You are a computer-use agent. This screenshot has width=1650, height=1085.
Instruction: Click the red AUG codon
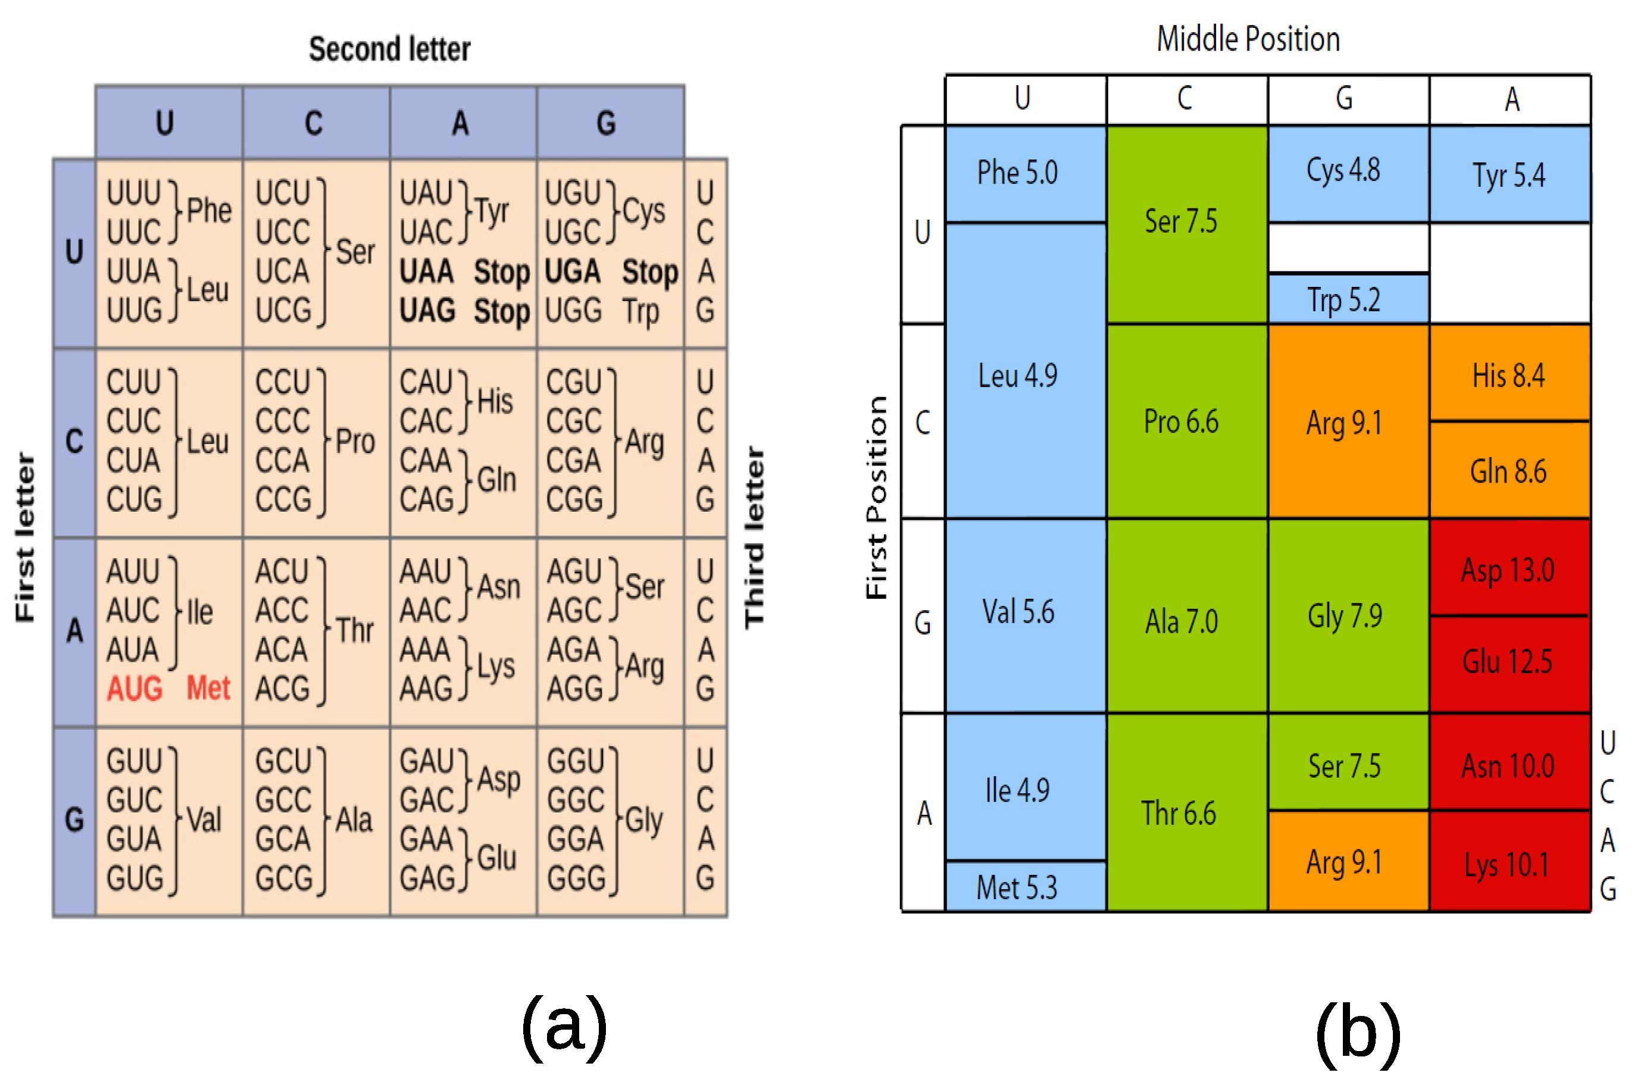[x=135, y=689]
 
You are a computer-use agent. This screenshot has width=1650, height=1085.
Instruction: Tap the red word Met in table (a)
[x=208, y=689]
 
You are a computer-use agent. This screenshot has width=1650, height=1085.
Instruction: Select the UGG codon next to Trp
[x=573, y=311]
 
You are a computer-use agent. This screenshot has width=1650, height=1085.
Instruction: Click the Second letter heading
[x=390, y=49]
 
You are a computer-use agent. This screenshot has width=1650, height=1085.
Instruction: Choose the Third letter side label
[x=754, y=537]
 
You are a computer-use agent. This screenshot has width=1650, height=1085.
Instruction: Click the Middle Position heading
[x=1248, y=39]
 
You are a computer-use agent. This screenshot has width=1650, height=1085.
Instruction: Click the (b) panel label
[x=1357, y=1033]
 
